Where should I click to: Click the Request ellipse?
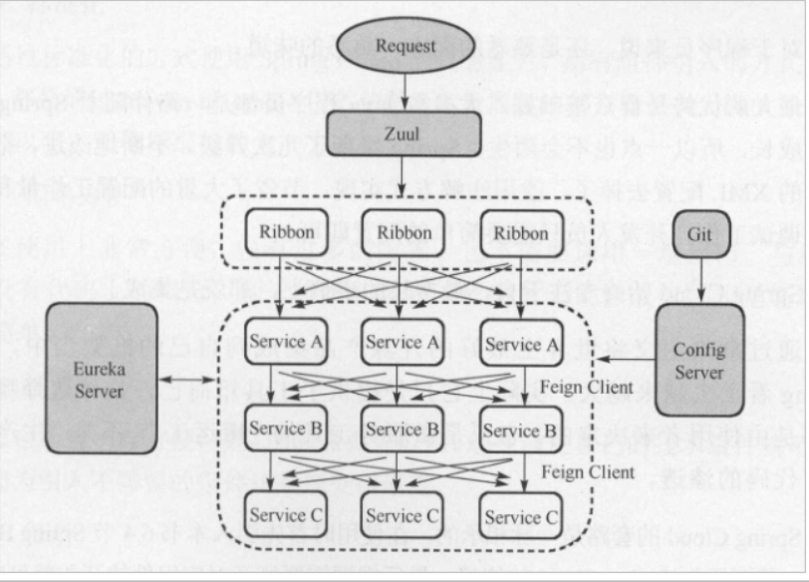[404, 46]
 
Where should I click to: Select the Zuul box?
[404, 132]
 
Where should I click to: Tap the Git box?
[699, 235]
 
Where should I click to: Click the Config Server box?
[699, 360]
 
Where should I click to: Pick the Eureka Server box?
[101, 379]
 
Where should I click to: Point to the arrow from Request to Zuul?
[404, 92]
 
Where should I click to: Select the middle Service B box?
[403, 430]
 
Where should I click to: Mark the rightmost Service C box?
[520, 516]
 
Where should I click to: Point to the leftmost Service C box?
[287, 515]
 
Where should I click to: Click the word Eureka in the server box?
[100, 368]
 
